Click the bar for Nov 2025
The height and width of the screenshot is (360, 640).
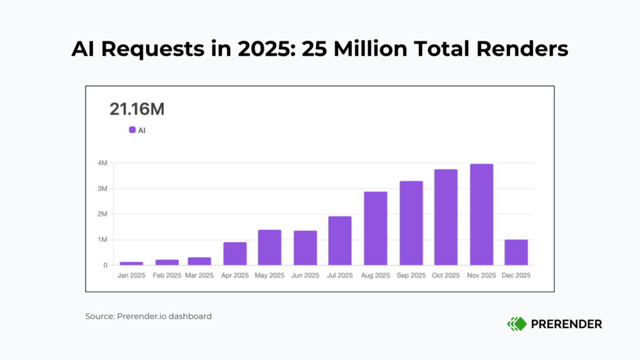tap(482, 214)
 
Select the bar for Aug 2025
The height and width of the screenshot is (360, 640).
tap(376, 228)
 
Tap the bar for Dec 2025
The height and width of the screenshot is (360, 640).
tap(516, 252)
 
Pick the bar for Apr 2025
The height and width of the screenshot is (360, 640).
tap(235, 253)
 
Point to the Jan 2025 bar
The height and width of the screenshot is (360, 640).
tap(131, 263)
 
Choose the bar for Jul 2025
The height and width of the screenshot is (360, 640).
tap(340, 241)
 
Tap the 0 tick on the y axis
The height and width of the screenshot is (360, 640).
tap(105, 265)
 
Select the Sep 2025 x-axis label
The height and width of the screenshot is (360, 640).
tap(411, 276)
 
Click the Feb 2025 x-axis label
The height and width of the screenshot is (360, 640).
tap(167, 276)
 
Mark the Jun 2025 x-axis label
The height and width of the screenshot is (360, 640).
tap(306, 276)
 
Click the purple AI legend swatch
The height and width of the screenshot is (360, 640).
tap(132, 130)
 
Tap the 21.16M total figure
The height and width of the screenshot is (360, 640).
tap(137, 109)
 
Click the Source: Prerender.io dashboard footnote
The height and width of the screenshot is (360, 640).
tap(149, 316)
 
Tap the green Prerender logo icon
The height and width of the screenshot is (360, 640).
tap(516, 324)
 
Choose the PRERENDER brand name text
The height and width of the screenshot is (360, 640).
tap(566, 324)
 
